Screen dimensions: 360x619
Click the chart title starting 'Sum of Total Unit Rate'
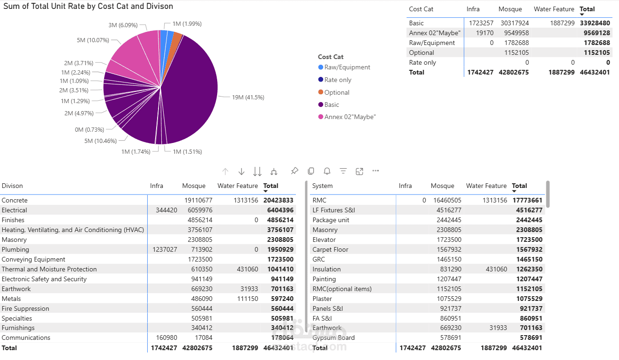88,7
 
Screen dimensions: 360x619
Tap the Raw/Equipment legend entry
347,67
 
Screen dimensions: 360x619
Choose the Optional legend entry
337,93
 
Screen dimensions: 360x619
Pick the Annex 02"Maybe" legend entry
350,117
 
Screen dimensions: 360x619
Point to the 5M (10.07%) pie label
93,40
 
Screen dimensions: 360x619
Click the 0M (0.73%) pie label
89,130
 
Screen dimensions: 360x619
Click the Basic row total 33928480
595,23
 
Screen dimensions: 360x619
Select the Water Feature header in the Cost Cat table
554,9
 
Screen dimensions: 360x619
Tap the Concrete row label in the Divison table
15,201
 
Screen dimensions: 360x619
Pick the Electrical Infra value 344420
166,210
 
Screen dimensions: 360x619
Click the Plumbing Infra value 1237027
165,250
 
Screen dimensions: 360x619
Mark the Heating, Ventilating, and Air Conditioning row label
73,230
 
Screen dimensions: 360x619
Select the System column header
322,186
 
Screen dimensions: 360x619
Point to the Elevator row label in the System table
324,240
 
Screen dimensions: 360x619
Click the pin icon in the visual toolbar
294,171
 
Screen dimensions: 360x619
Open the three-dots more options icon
375,171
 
